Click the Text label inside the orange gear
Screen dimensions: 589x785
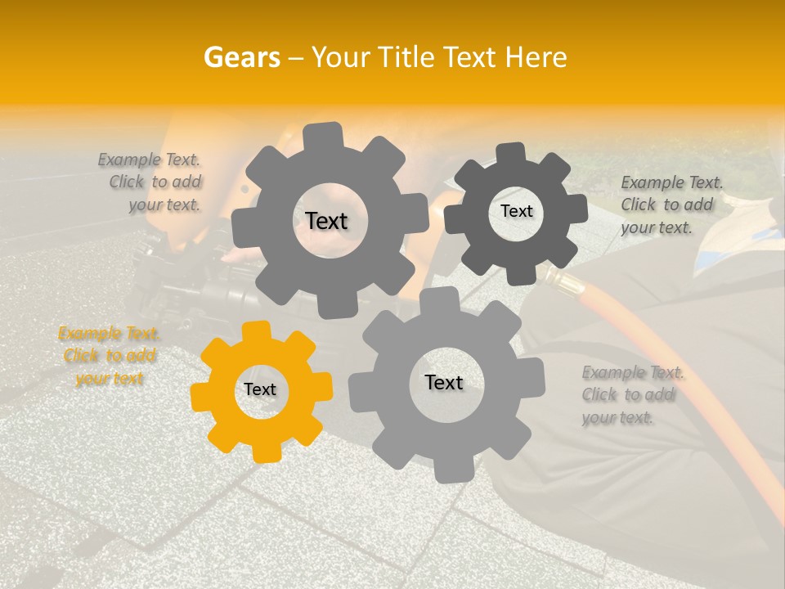coord(260,390)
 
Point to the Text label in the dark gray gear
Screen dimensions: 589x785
coord(516,211)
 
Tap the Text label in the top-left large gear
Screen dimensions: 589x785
coord(326,221)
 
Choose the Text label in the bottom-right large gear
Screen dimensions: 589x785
coord(444,382)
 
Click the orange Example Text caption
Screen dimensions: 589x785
coord(109,356)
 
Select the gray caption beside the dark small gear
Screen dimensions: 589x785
coord(671,205)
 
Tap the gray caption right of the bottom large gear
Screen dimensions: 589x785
coord(632,395)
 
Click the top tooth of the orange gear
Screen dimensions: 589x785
coord(256,330)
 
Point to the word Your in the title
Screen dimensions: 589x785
coord(339,58)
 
